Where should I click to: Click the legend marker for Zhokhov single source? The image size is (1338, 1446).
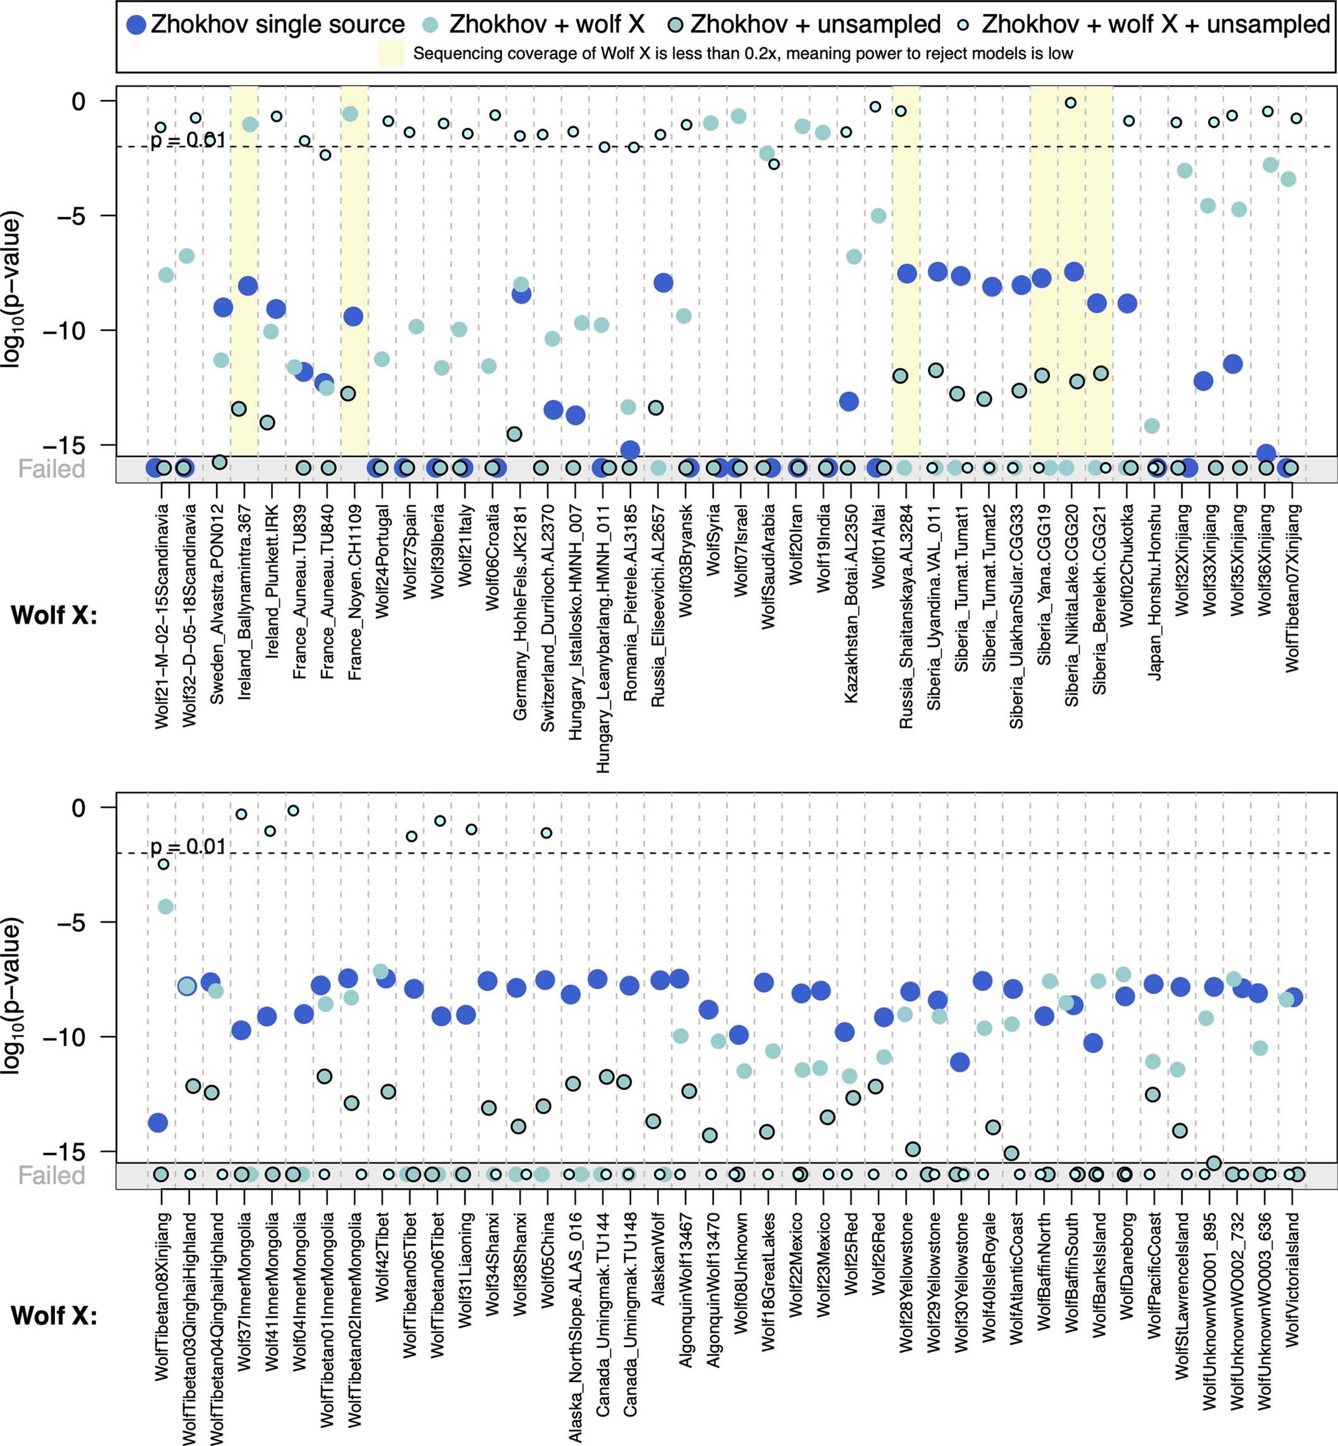(136, 26)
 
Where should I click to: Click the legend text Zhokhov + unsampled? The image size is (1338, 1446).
(816, 25)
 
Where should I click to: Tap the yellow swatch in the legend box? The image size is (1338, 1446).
(390, 54)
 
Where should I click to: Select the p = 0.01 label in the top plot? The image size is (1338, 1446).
(188, 140)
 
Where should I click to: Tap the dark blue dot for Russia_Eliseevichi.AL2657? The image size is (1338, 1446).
(663, 283)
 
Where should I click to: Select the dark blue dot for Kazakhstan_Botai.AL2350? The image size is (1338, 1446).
(848, 402)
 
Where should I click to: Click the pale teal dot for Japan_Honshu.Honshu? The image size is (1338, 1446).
(1151, 426)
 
